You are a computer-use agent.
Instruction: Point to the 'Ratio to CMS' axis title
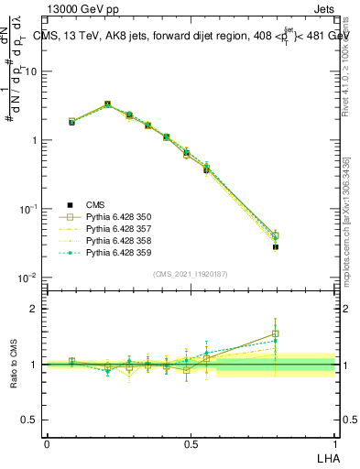pos(14,365)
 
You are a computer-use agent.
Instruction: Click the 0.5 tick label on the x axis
pos(191,443)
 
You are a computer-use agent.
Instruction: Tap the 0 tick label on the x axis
pos(47,443)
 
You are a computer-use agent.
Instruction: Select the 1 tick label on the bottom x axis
pos(334,443)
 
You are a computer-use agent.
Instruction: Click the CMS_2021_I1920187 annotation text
pos(191,274)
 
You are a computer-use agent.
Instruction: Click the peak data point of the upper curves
pos(107,104)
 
